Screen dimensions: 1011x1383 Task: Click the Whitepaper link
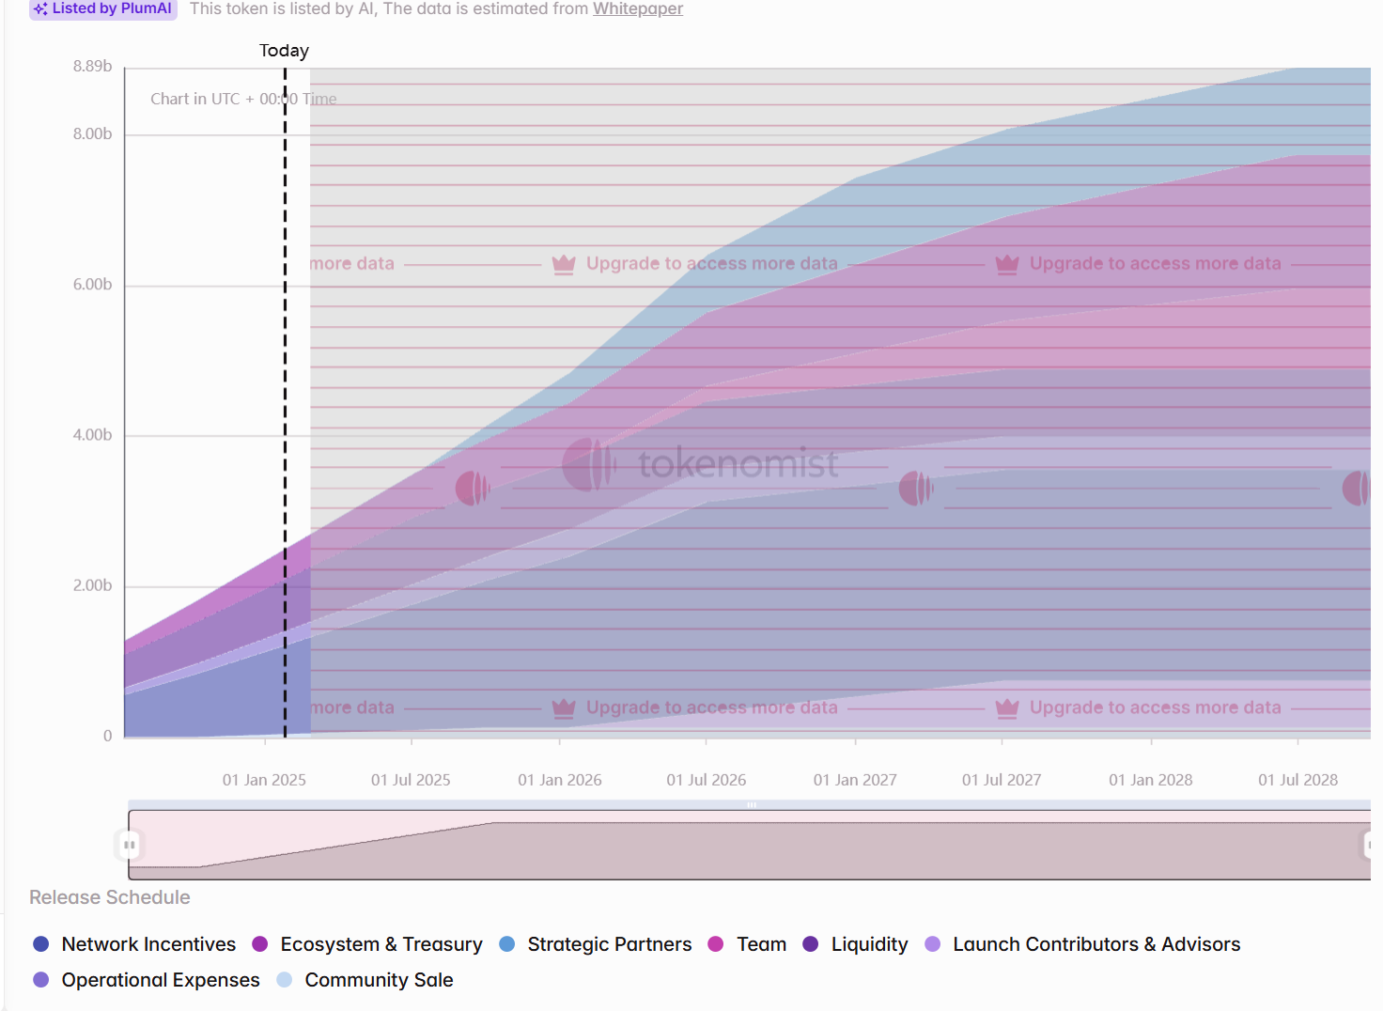(x=637, y=8)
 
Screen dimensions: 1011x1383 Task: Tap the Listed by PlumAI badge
(x=103, y=8)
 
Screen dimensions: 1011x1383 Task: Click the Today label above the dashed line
(x=284, y=51)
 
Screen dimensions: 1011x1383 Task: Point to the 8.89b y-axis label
(x=92, y=66)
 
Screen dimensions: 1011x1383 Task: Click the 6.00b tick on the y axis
(x=92, y=285)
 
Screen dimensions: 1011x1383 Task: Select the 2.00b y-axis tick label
(x=92, y=585)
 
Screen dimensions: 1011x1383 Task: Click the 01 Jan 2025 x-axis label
(x=264, y=780)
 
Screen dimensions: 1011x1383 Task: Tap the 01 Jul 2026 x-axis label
(x=707, y=780)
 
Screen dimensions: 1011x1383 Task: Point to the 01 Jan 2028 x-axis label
(x=1150, y=780)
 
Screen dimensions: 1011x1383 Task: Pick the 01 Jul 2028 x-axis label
(x=1298, y=780)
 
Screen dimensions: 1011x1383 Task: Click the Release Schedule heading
(x=110, y=897)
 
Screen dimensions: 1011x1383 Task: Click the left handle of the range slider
(x=130, y=845)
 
